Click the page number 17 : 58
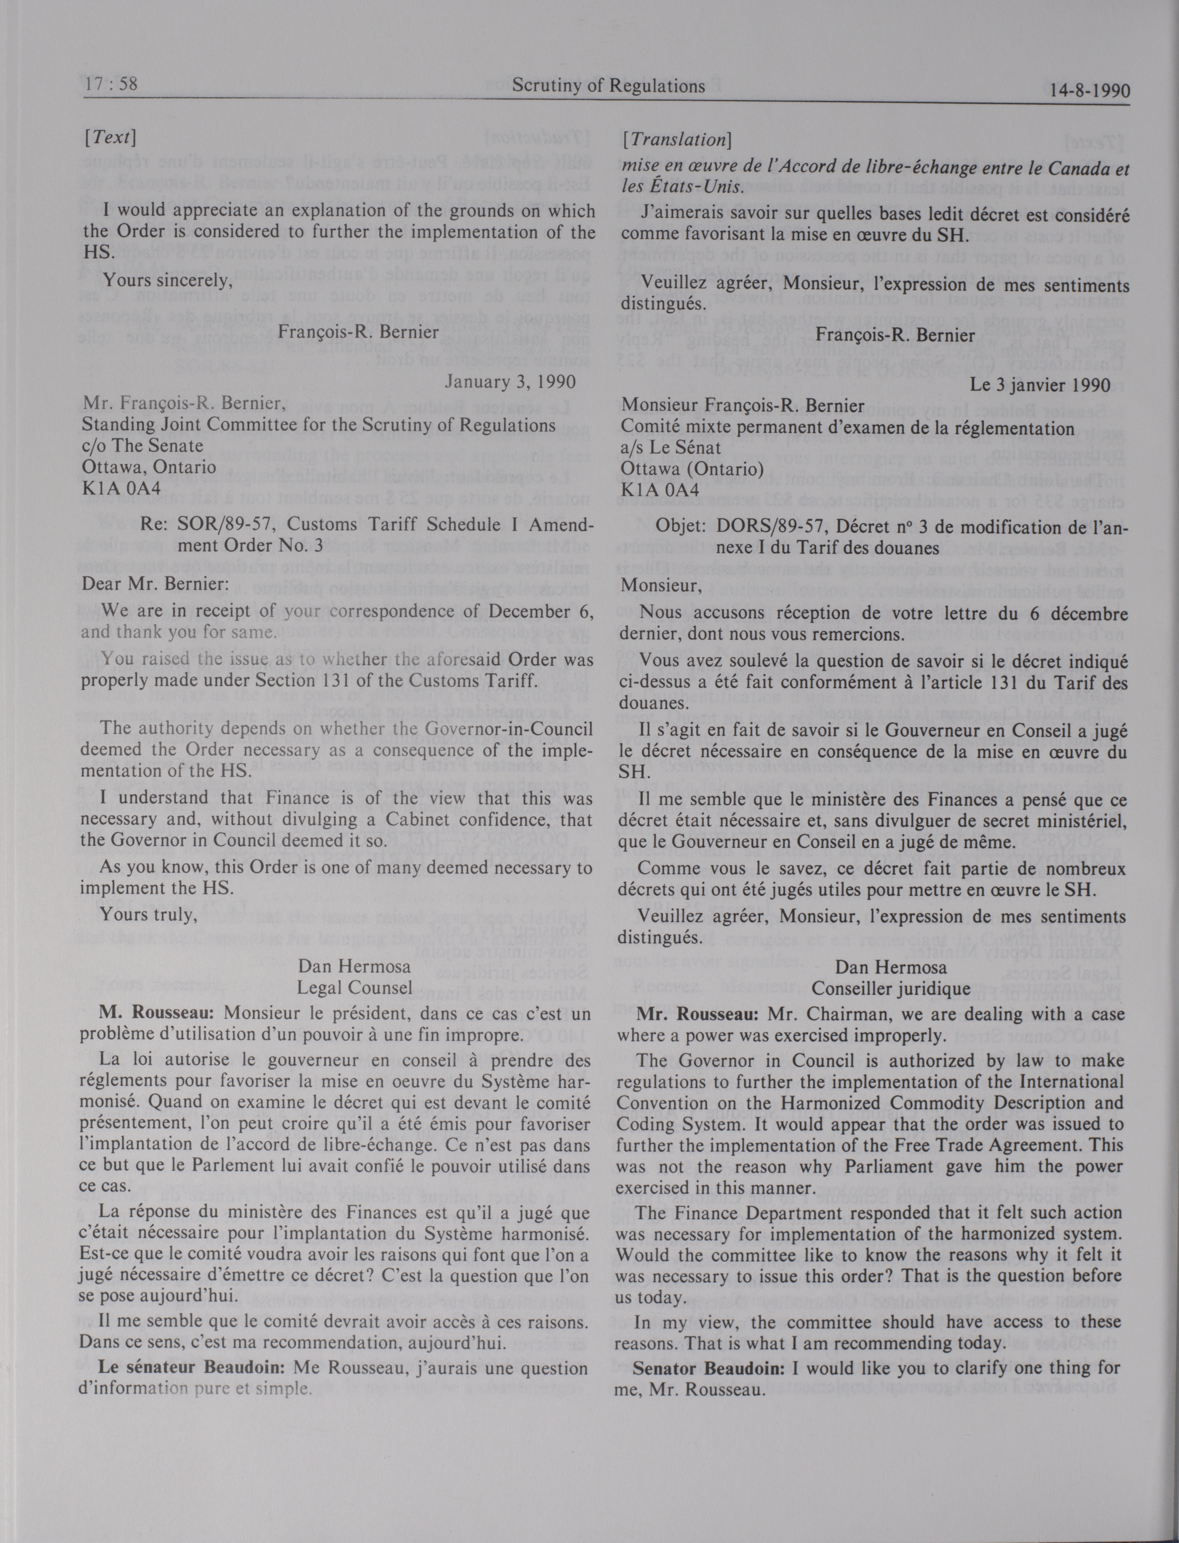111,85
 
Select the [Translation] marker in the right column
677,140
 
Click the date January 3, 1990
510,382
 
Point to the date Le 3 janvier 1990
1040,385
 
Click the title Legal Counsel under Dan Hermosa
354,988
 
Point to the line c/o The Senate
143,446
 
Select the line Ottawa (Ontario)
692,469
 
